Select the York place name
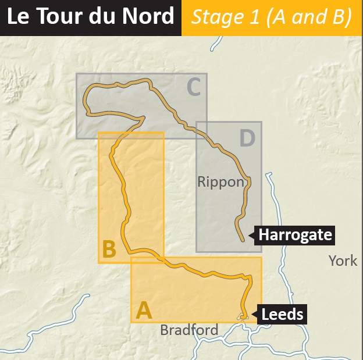pyautogui.click(x=343, y=260)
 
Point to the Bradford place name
pyautogui.click(x=189, y=330)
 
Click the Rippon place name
pyautogui.click(x=220, y=182)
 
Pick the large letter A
pyautogui.click(x=144, y=311)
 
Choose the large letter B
pyautogui.click(x=109, y=249)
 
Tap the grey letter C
pyautogui.click(x=194, y=87)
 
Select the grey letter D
pyautogui.click(x=247, y=138)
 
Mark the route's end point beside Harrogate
pyautogui.click(x=242, y=238)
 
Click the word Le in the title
pyautogui.click(x=19, y=17)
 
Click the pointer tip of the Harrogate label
pyautogui.click(x=249, y=236)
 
